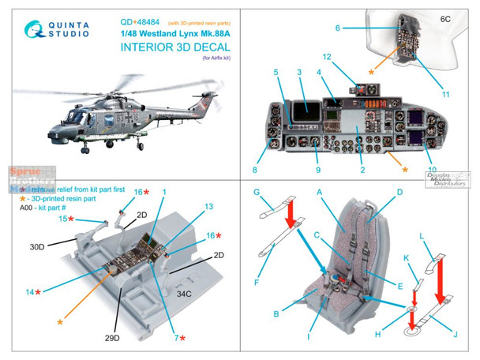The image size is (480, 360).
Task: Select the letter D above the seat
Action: [399, 191]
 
